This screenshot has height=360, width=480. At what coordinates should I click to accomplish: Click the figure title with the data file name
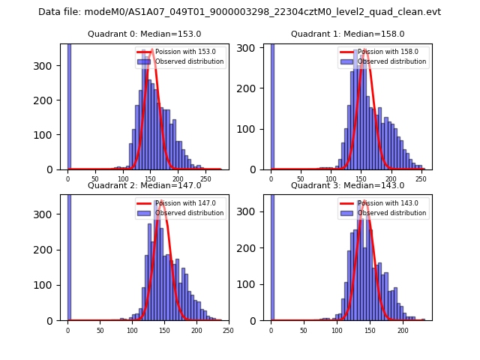pos(239,12)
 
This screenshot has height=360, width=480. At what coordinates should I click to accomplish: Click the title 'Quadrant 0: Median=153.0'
pos(144,34)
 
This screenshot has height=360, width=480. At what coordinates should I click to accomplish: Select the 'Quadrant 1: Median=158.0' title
pos(347,34)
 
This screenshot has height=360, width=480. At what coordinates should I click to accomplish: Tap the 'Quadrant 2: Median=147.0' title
pos(144,185)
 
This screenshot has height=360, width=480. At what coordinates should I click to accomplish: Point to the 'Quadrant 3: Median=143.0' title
pos(347,185)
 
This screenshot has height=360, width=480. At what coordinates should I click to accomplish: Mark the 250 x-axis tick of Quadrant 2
pos(228,330)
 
